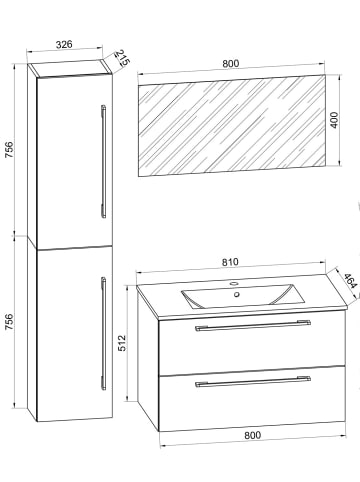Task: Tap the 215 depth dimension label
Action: point(120,59)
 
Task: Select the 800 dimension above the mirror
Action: point(231,62)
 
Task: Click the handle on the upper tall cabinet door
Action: point(103,160)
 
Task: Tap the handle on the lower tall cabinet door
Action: point(103,330)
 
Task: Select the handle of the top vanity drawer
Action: point(252,325)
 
